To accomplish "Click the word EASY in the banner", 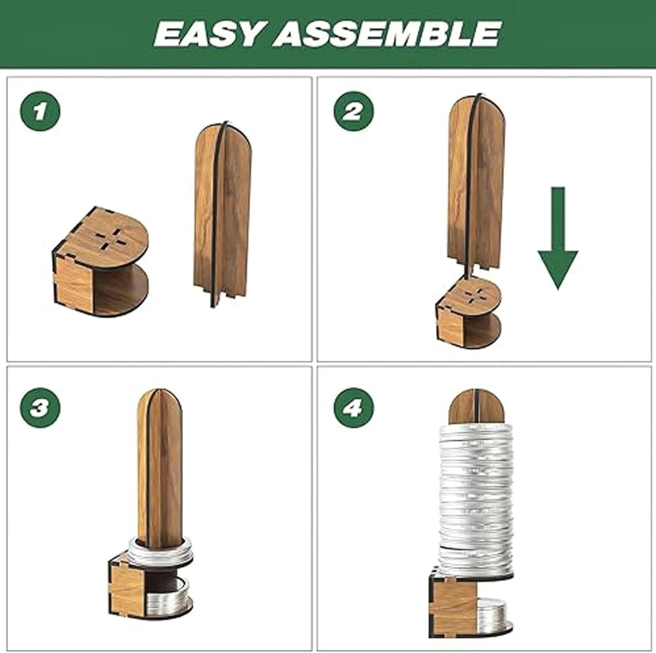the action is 209,34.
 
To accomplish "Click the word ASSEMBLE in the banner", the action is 387,34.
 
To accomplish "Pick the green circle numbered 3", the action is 40,408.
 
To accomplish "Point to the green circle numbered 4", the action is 353,408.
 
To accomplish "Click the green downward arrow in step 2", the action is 558,238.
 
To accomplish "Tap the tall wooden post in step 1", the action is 223,214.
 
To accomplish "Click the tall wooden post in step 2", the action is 476,186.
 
